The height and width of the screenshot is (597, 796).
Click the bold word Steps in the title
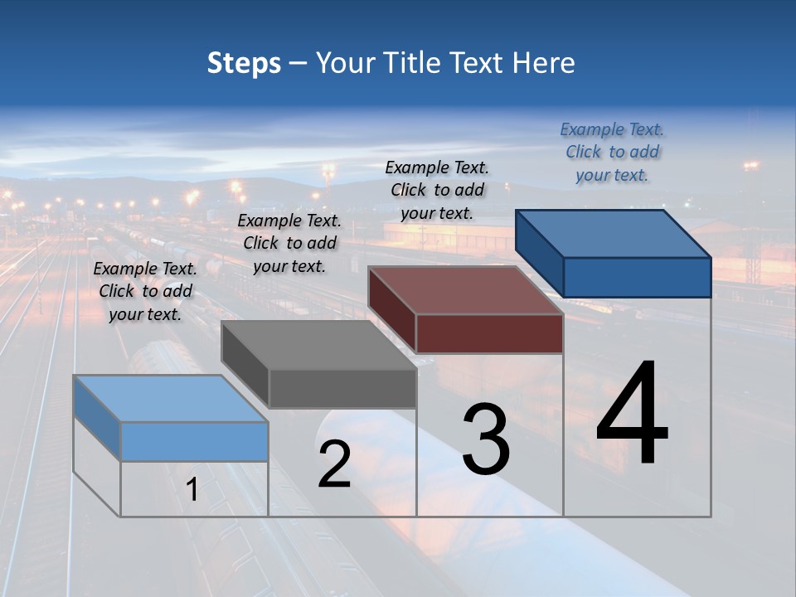[x=244, y=63]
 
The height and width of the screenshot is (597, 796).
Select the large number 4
[x=632, y=415]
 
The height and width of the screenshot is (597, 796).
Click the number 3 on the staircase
[x=486, y=439]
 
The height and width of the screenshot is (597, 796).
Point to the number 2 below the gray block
[x=334, y=464]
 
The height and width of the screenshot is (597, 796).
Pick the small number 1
[x=192, y=490]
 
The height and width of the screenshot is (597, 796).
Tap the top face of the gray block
[x=318, y=345]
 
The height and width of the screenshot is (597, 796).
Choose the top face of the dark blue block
[x=613, y=233]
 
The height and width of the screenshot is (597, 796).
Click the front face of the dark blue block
[x=637, y=277]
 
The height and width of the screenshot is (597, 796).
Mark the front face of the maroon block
[x=489, y=333]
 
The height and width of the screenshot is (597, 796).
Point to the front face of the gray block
[x=342, y=388]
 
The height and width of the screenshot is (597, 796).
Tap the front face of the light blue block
[x=194, y=441]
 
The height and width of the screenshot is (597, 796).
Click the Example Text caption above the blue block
[x=612, y=153]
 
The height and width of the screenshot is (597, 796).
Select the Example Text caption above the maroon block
[x=437, y=191]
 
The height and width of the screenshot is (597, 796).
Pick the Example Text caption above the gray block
[x=289, y=243]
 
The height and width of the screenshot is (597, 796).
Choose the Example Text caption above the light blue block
[x=145, y=291]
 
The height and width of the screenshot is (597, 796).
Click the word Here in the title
[x=544, y=63]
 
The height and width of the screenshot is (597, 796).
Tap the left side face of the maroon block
[x=391, y=310]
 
